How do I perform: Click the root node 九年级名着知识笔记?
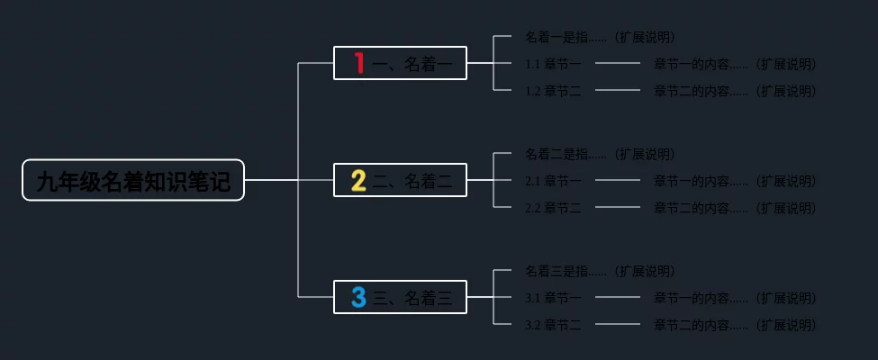tap(133, 181)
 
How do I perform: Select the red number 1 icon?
tap(358, 63)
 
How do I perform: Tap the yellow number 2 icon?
tap(358, 181)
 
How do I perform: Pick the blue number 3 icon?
tap(358, 297)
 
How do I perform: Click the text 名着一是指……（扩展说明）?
tap(600, 38)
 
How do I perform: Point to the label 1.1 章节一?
tap(553, 65)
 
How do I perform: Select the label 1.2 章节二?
tap(553, 91)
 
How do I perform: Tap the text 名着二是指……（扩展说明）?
tap(600, 154)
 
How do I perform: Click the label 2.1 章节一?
tap(553, 181)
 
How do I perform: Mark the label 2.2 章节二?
tap(553, 208)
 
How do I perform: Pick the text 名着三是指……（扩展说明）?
tap(600, 271)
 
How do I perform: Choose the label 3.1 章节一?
tap(553, 298)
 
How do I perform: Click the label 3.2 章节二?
tap(553, 325)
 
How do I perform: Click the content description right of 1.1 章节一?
tap(735, 65)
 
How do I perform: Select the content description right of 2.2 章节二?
tap(735, 208)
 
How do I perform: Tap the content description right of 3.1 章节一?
tap(735, 298)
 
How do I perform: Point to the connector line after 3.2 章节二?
tap(618, 324)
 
